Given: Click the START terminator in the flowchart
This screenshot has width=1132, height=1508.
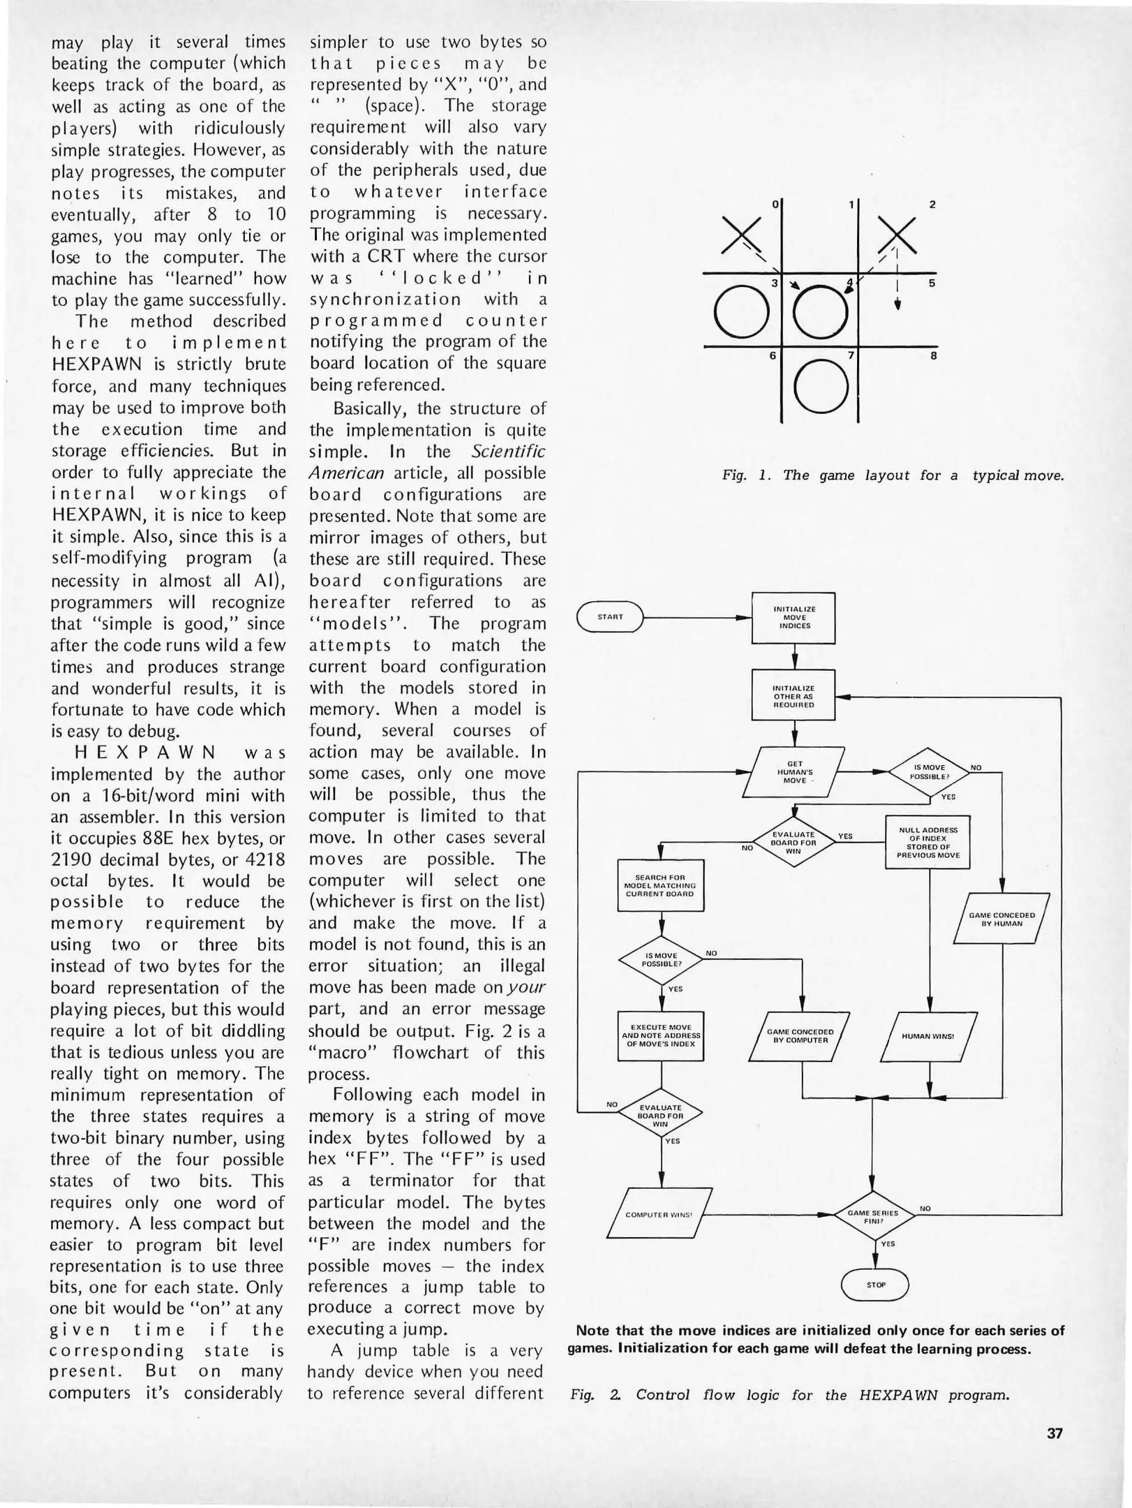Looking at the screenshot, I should point(610,616).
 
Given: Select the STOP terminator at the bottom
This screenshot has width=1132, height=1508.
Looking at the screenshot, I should point(875,1285).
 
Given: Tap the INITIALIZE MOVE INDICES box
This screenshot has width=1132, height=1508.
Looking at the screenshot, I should point(794,617).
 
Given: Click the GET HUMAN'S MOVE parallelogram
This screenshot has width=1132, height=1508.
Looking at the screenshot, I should point(794,771).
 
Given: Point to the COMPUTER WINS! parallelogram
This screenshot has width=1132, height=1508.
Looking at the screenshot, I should point(659,1214).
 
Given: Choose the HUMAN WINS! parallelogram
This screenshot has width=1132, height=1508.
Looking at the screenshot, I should point(928,1036).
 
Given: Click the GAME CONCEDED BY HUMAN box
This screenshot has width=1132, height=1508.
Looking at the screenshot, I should point(1001,919).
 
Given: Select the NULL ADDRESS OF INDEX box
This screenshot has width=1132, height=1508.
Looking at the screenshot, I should point(928,842).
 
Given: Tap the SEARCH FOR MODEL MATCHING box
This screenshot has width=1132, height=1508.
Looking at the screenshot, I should point(660,885).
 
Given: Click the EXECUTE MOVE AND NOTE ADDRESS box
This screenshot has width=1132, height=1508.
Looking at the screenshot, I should point(661,1035).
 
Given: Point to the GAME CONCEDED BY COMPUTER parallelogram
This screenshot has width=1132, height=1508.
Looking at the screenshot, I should point(800,1036).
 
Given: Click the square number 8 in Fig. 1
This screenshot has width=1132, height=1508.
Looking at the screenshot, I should point(933,356).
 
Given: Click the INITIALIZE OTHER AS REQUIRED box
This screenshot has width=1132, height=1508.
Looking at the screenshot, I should point(794,695).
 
